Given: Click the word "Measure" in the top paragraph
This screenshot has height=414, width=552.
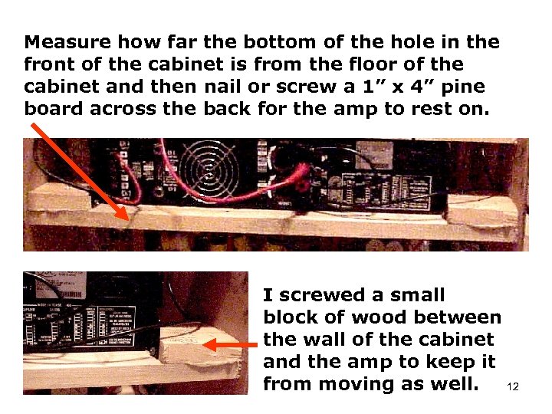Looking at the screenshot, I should coord(64,41).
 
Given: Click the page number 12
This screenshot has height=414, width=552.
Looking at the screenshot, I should coord(513,387).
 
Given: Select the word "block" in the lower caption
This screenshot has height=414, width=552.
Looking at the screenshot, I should coord(290,317).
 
